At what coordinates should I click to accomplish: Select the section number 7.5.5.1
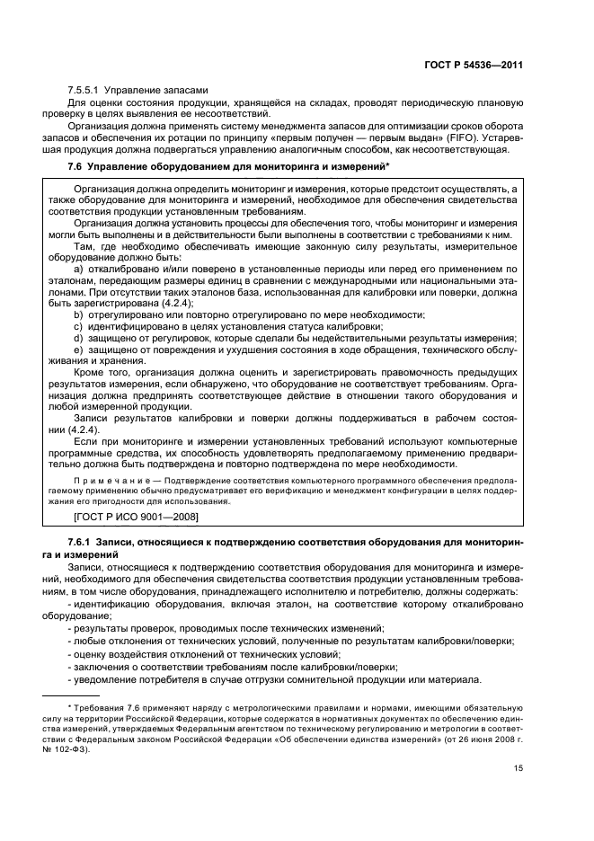pyautogui.click(x=84, y=89)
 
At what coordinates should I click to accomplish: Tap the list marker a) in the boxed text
pyautogui.click(x=79, y=269)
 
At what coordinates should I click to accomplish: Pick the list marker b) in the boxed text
pyautogui.click(x=79, y=314)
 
